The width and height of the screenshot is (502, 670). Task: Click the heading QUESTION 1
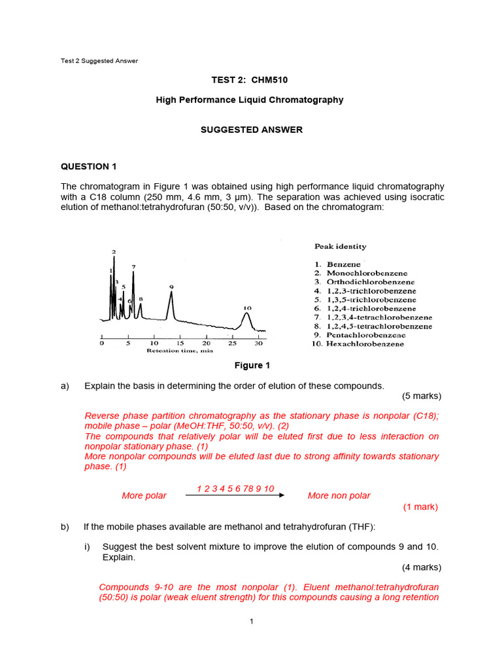[88, 166]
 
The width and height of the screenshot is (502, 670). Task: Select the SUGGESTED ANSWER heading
[251, 130]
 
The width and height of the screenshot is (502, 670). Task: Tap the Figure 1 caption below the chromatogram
[252, 366]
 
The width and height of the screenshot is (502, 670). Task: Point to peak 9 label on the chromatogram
[171, 287]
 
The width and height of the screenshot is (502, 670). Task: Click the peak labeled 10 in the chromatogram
[246, 319]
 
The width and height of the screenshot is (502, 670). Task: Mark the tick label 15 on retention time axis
[180, 343]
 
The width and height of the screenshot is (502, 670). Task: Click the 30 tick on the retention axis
[258, 343]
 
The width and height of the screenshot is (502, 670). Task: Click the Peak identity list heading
[340, 247]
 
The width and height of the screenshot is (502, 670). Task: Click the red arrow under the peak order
[235, 495]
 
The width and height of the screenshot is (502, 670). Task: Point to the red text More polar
[144, 496]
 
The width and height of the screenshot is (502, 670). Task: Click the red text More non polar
[339, 496]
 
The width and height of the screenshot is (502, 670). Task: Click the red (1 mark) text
[420, 507]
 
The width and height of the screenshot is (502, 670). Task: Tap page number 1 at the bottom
[251, 621]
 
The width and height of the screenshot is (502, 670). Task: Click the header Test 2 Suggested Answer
[99, 61]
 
